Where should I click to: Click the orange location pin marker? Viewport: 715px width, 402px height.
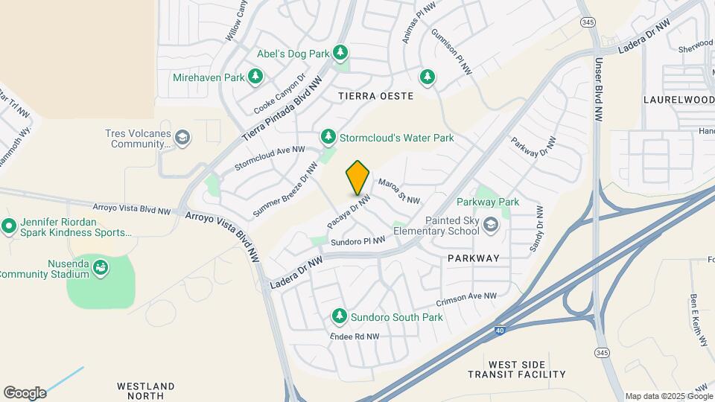358,178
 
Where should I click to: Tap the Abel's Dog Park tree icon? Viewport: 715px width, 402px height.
340,52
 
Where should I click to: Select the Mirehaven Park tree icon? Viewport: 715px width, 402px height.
256,77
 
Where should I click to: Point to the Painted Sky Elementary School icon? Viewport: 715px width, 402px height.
491,224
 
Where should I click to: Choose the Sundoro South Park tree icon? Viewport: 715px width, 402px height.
340,317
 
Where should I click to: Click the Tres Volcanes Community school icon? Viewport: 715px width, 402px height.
182,138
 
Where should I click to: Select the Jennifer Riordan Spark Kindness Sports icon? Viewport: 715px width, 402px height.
9,225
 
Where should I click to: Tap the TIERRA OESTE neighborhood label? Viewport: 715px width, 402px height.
375,96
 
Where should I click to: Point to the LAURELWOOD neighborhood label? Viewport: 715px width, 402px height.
678,99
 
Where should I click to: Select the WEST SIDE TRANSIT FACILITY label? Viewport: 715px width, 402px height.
517,368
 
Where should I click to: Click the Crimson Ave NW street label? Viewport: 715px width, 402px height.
466,298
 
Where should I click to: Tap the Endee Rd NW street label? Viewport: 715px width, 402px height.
355,336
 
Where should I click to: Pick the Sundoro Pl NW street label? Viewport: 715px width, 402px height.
357,240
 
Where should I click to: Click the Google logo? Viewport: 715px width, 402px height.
25,392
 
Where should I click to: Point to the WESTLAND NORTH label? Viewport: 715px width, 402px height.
146,391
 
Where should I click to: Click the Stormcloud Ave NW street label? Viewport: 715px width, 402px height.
270,157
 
